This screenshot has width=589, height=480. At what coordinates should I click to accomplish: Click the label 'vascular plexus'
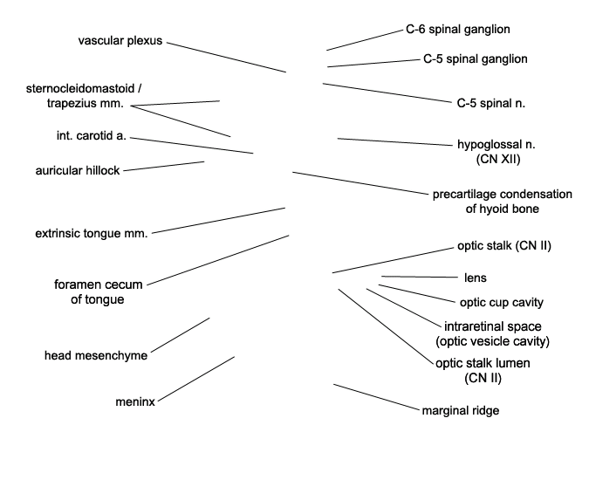pos(120,41)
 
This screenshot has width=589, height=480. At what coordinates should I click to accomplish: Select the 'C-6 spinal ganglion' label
pos(457,29)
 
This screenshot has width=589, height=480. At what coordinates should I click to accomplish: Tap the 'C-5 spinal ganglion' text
pos(475,59)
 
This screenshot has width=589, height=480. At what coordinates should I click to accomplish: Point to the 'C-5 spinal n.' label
pos(490,103)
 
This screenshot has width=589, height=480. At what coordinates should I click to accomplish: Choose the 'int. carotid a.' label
pos(90,137)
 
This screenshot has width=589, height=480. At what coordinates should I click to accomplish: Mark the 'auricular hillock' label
pos(78,169)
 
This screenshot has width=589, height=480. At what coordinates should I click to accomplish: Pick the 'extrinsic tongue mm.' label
pos(91,234)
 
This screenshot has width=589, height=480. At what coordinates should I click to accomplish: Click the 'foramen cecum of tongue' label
pos(98,291)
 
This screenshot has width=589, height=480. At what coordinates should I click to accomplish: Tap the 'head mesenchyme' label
pos(95,355)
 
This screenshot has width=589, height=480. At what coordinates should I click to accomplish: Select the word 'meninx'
pos(135,402)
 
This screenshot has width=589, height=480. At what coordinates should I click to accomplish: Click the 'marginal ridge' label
pos(460,410)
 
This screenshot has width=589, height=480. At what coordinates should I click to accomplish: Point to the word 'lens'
pos(475,278)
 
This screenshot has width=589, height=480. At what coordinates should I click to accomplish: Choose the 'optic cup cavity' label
pos(501,303)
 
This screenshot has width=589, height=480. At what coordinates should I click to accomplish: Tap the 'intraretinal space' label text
pos(486,326)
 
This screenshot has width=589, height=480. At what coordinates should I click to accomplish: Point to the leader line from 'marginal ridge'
pos(376,396)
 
